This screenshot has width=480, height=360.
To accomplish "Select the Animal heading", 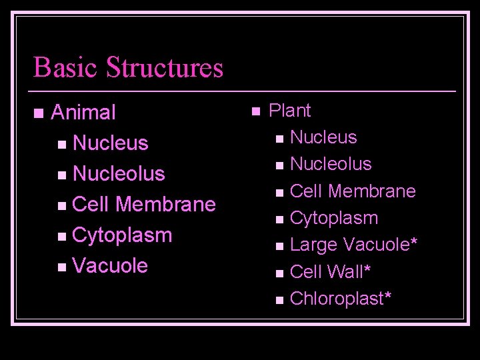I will point(83,112).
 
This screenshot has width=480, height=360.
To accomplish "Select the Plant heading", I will point(289,110).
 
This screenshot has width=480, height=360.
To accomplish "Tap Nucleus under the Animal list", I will point(111,143).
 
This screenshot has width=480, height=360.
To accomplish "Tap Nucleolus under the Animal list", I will point(119,173).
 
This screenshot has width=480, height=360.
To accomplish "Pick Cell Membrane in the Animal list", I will point(144,204).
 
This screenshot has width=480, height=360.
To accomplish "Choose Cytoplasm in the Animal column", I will point(122,235).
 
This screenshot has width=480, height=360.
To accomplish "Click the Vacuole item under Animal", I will point(111,265).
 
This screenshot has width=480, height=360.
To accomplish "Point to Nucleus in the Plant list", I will point(325,137).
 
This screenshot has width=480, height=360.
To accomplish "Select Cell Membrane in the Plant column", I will point(353,191).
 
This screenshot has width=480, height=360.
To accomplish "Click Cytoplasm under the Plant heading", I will point(335,218).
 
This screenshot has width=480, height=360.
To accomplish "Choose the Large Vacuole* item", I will point(354,245).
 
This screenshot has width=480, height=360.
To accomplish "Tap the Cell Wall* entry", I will point(330,272).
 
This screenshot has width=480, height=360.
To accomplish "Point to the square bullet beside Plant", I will point(254,111).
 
